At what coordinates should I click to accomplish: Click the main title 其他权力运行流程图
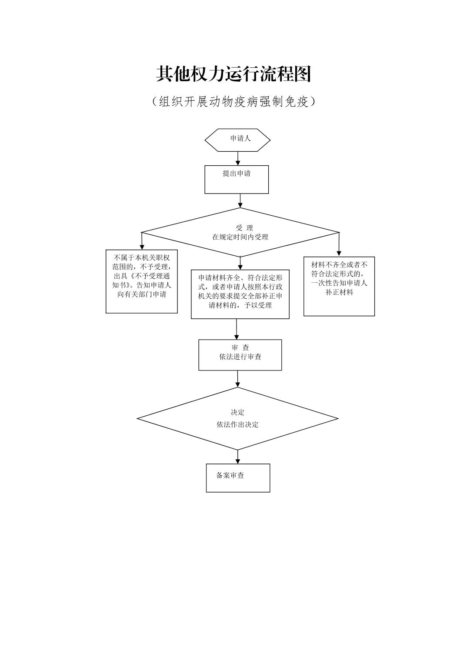(x=233, y=74)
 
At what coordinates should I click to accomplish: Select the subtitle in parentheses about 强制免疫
(x=233, y=102)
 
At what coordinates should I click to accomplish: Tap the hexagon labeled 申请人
(x=237, y=140)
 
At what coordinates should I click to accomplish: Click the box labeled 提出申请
(x=237, y=179)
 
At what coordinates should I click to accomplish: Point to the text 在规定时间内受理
(x=240, y=237)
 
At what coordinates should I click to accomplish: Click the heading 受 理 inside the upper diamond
(x=244, y=228)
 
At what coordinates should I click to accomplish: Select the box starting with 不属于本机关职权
(x=142, y=281)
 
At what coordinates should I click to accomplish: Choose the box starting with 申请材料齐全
(x=240, y=294)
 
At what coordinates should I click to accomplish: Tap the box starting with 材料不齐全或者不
(x=339, y=286)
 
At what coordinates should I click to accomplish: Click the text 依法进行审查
(x=240, y=357)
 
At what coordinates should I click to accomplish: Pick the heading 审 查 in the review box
(x=240, y=348)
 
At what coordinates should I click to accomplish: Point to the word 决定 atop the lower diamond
(x=237, y=412)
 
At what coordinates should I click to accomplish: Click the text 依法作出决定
(x=237, y=424)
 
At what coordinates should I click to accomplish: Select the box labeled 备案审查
(x=238, y=477)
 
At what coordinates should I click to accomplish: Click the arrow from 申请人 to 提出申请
(x=238, y=158)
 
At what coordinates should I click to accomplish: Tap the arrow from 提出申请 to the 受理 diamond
(x=240, y=200)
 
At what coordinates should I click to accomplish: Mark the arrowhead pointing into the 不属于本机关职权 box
(x=142, y=247)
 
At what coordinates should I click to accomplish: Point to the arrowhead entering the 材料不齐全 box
(x=339, y=253)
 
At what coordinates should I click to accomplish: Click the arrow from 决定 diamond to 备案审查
(x=238, y=457)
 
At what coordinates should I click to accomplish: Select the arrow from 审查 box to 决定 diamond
(x=238, y=379)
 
